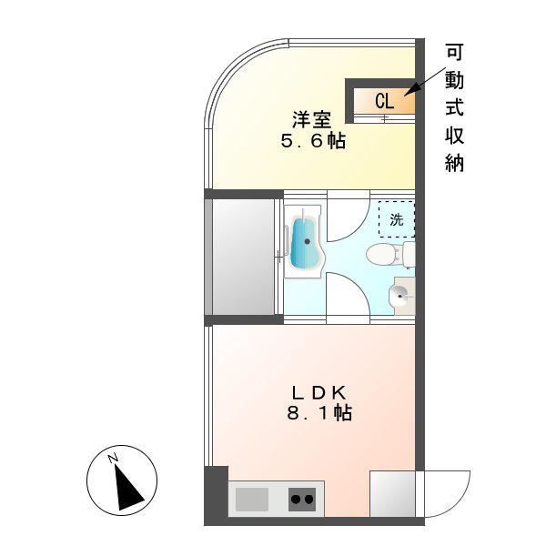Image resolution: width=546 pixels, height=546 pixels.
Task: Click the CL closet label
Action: coord(384,101)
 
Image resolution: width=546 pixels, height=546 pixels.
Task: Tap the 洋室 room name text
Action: coord(311,120)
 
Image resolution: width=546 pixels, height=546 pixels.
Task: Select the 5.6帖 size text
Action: coord(313,141)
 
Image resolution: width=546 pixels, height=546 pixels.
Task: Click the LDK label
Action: coord(319,393)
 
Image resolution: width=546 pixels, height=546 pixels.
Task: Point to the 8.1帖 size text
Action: coord(319,413)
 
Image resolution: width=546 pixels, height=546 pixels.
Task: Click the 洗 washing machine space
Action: coord(397,219)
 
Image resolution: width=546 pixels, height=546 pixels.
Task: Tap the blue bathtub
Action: coord(304,243)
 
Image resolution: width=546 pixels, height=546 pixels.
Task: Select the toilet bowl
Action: coord(383,254)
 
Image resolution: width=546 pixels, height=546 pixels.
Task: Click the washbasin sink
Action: coord(399,296)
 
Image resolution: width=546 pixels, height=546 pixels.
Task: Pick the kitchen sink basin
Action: coord(252,500)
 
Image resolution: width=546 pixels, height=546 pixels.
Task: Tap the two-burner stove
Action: coord(302,500)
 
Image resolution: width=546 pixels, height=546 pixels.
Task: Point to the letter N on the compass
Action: coord(112,459)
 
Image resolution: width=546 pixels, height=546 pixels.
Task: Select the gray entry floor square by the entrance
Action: coord(392,494)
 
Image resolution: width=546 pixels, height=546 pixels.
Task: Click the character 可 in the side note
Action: coord(455,53)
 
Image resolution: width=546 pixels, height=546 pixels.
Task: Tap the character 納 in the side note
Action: coord(455,163)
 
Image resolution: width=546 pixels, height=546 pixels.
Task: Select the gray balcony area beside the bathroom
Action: coord(243,257)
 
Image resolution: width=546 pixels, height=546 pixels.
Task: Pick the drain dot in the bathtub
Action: coord(308,241)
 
